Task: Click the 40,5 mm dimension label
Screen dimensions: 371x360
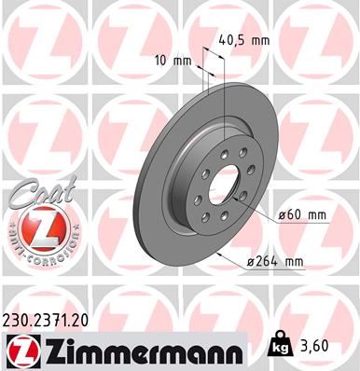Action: pos(246,41)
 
